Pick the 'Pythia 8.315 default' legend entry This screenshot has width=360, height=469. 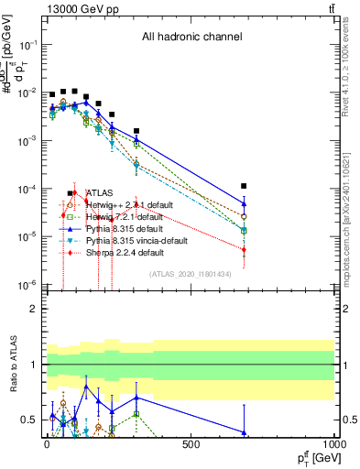124,228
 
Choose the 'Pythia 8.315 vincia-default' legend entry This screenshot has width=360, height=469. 136,240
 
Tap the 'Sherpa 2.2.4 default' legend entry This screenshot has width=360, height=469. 125,252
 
